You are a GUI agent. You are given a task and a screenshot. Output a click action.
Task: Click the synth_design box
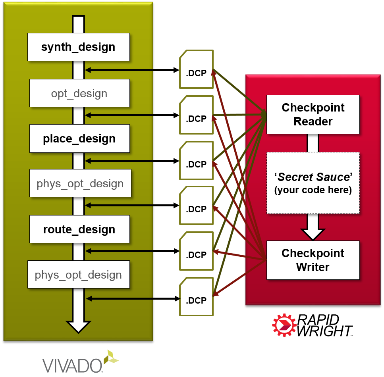78,47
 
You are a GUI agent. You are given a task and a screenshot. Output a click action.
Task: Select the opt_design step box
79,93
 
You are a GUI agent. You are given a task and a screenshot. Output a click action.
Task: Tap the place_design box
79,138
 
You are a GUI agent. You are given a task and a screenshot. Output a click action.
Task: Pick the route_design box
79,229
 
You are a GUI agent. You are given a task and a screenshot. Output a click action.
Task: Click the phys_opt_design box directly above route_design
80,183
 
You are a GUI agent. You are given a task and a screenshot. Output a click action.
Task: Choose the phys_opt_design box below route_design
78,275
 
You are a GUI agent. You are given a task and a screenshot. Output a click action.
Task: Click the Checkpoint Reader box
313,114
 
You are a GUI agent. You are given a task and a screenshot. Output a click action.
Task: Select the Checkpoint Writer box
313,260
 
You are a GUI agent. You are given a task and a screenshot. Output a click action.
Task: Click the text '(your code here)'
313,190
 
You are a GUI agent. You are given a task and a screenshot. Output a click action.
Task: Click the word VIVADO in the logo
71,364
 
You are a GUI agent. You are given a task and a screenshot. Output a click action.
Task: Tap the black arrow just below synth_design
119,70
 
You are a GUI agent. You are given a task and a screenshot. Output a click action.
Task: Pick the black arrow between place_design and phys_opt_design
119,161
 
